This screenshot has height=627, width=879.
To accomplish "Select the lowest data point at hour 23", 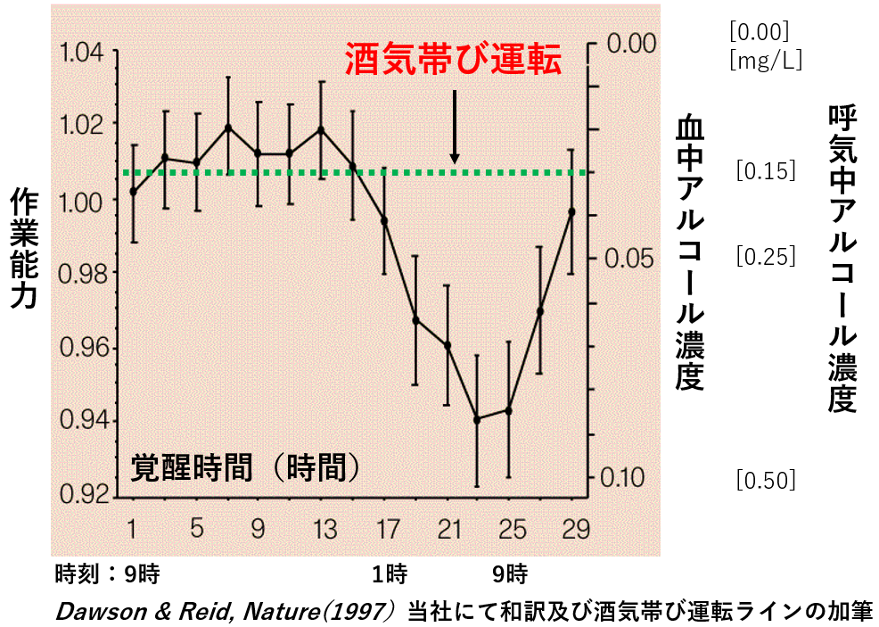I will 477,419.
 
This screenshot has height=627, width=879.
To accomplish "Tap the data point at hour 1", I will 133,191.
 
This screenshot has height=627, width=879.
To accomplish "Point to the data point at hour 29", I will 571,211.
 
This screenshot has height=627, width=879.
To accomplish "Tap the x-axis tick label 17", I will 386,530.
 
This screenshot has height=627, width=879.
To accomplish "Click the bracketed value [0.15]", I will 765,170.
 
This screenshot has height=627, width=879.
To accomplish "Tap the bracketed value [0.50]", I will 765,480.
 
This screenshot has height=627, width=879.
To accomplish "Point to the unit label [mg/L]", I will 765,61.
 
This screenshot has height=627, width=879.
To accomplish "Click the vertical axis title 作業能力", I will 23,249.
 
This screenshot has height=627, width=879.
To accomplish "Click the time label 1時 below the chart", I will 390,572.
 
